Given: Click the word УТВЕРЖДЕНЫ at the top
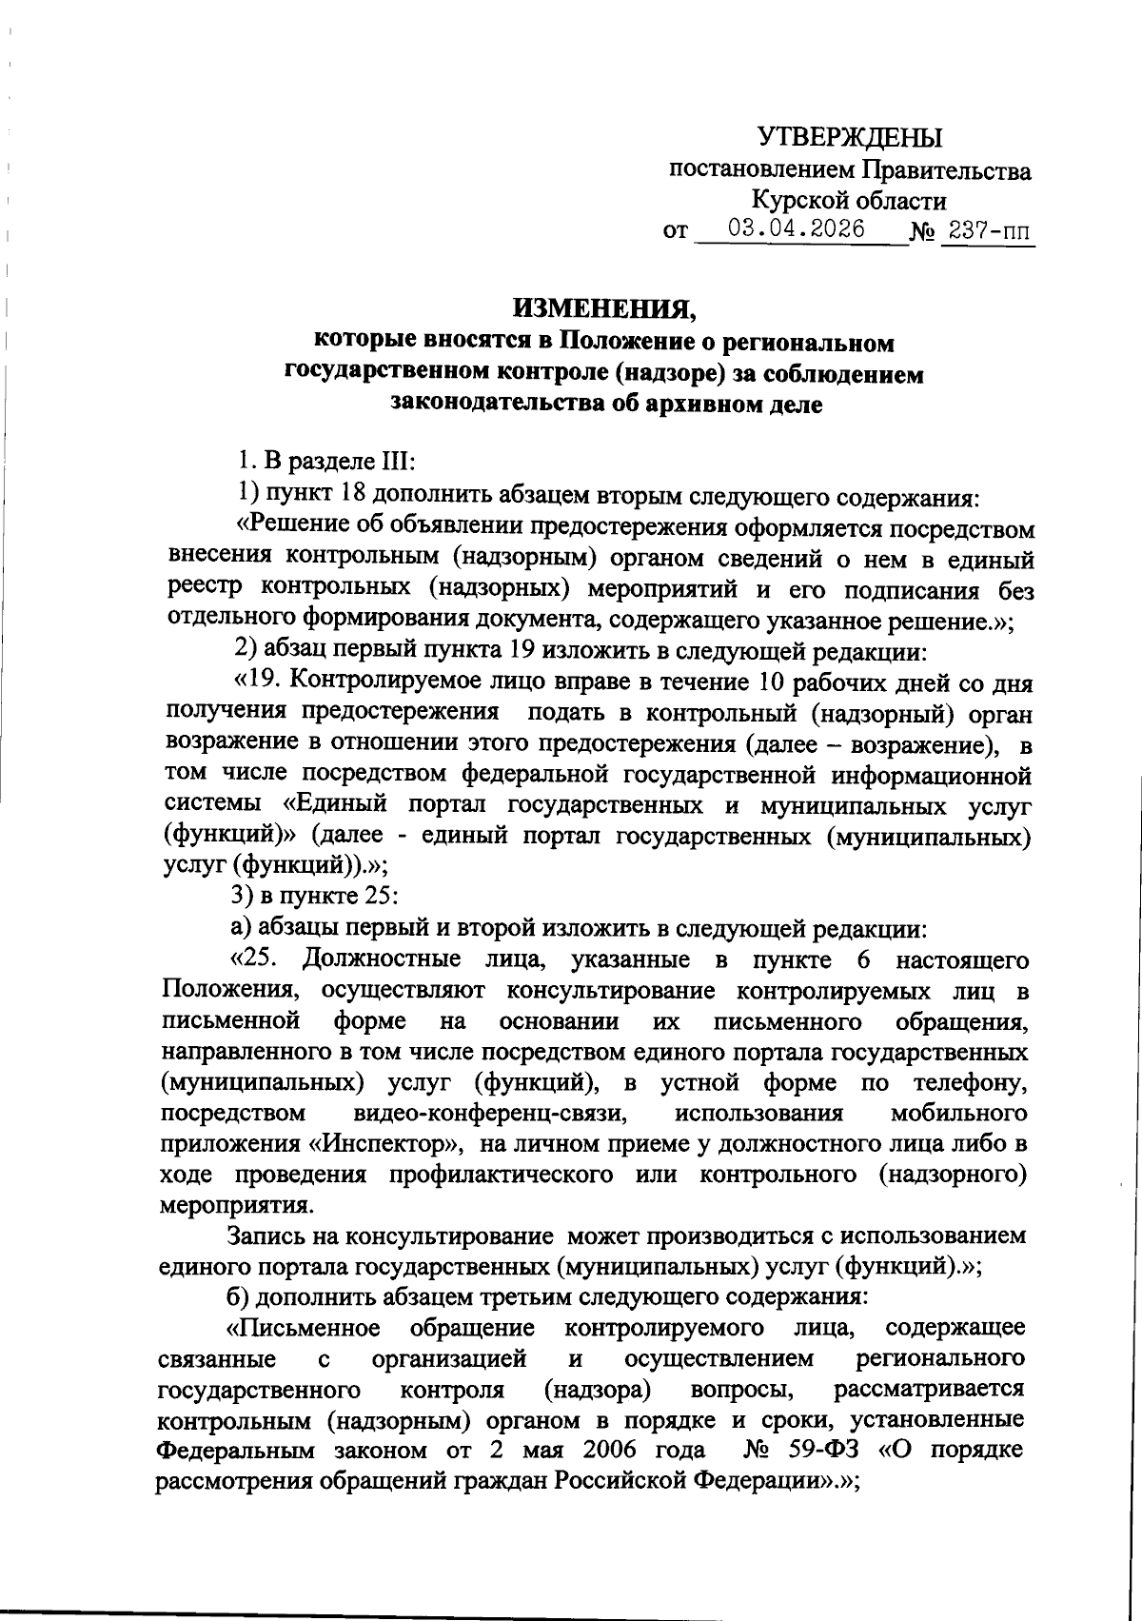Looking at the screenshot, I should [x=850, y=139].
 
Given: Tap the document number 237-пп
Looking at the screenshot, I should [x=988, y=231].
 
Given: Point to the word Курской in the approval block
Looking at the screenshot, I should [x=796, y=201].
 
